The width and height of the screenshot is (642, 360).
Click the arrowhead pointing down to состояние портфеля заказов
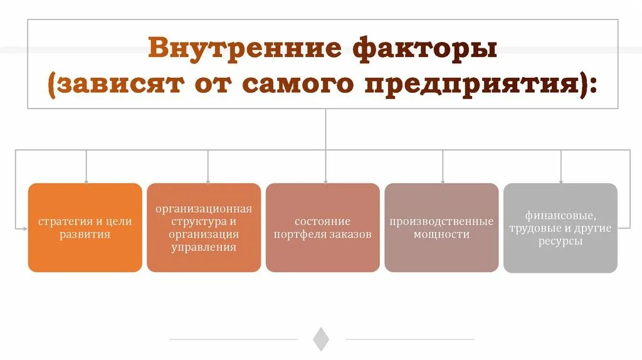click(x=325, y=180)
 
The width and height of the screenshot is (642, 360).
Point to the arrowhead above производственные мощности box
click(x=443, y=180)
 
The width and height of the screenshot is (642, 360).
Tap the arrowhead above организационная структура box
click(x=208, y=180)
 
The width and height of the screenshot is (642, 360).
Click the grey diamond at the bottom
click(x=321, y=339)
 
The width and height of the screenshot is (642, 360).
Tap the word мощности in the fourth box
click(x=441, y=235)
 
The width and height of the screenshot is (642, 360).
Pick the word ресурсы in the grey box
click(x=560, y=241)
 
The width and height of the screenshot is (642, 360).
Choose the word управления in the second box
click(x=204, y=247)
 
